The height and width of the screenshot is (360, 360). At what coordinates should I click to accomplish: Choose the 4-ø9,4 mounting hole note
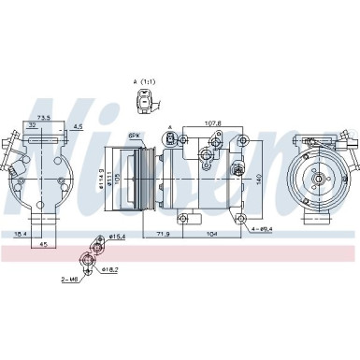pyautogui.click(x=262, y=227)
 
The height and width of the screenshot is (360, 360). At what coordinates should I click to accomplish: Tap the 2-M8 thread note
pyautogui.click(x=69, y=279)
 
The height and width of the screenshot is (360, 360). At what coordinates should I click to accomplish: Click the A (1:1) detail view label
pyautogui.click(x=145, y=83)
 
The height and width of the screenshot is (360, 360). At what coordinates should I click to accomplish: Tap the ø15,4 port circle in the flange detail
pyautogui.click(x=94, y=240)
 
